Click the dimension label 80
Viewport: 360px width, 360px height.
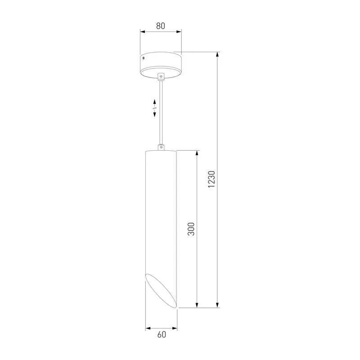click(x=161, y=26)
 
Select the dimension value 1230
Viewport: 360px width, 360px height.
click(x=211, y=179)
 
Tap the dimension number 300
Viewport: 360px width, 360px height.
click(x=191, y=229)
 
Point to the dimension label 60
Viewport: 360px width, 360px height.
click(x=162, y=334)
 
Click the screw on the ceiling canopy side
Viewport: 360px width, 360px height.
click(x=144, y=58)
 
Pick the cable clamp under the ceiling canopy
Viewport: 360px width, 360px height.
click(x=161, y=76)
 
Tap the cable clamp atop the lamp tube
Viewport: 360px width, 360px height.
click(x=161, y=147)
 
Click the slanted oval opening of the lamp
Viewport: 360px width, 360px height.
click(x=162, y=290)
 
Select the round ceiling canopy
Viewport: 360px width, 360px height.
click(x=161, y=65)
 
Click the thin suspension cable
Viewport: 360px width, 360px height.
click(x=161, y=112)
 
